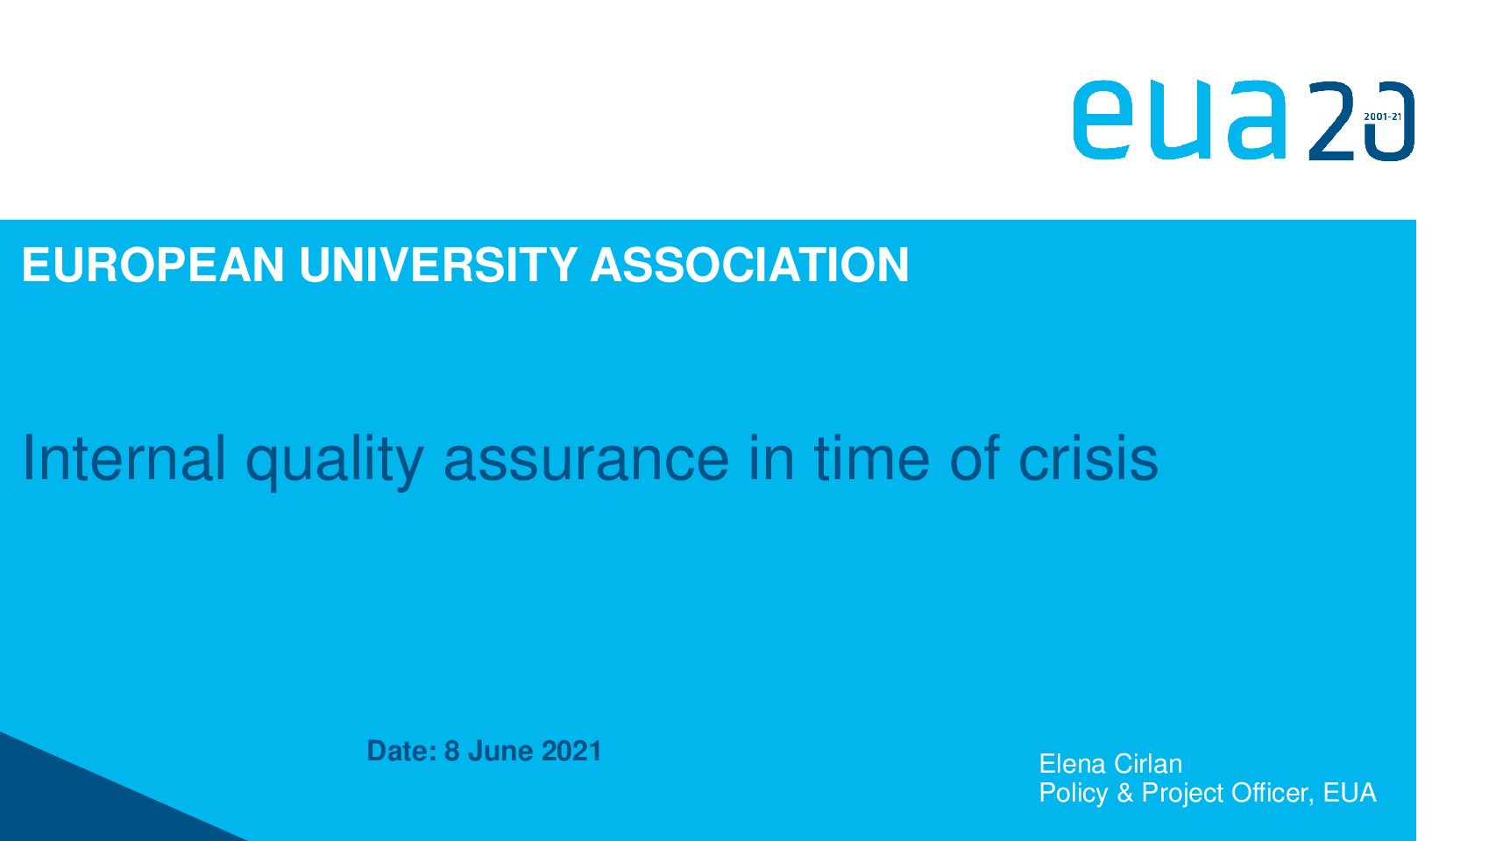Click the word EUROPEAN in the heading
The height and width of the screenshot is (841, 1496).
153,265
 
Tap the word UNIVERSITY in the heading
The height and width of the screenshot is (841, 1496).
438,265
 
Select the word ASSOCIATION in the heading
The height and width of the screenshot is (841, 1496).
749,265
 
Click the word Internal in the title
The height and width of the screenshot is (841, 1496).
124,458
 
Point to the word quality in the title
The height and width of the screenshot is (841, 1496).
335,462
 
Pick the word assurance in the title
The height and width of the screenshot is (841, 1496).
586,462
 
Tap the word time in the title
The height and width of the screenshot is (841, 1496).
871,458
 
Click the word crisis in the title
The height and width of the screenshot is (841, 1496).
1088,458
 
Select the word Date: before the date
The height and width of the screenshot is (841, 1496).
401,752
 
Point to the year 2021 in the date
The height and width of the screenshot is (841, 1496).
571,752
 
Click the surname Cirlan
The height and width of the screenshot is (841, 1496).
1149,764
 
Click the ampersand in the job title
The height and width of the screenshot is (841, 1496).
1125,793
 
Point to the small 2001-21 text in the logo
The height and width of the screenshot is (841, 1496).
1382,117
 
